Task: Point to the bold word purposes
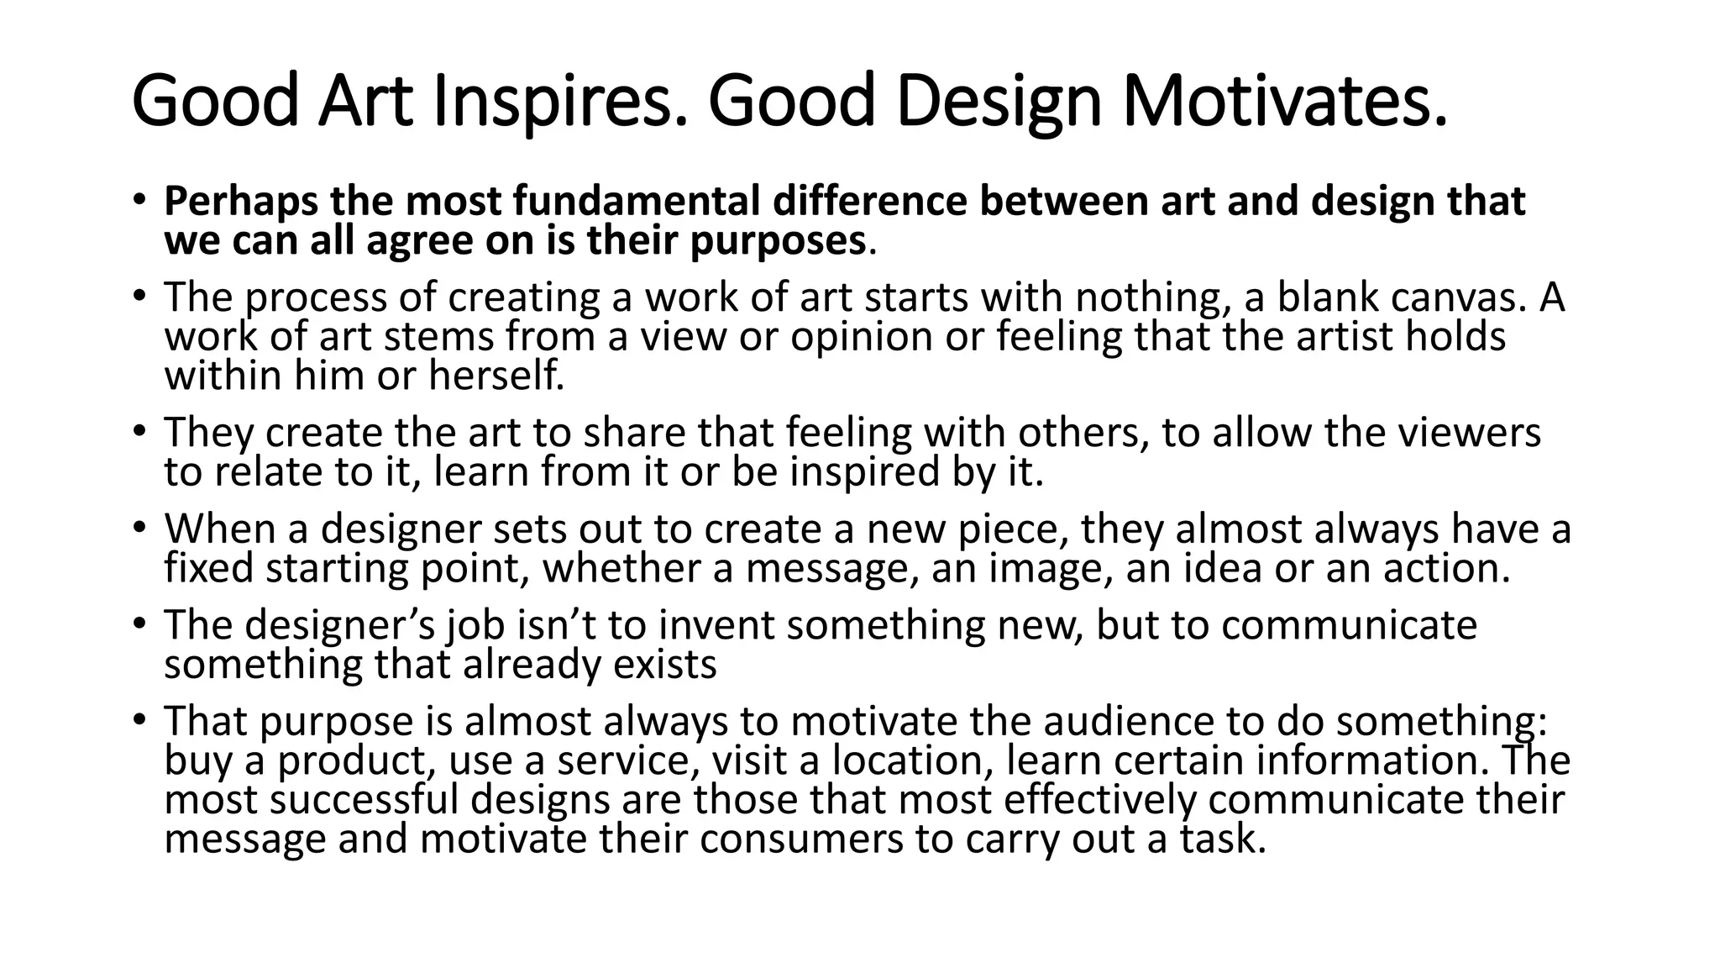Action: (x=778, y=242)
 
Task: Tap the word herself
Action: (x=496, y=376)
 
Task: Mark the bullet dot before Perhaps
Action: (x=139, y=201)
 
